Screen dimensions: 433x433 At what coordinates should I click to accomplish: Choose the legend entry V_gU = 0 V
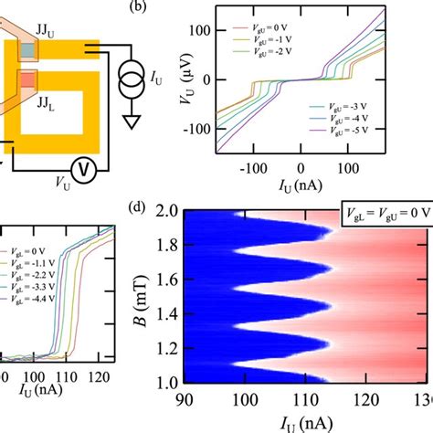pos(282,30)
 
